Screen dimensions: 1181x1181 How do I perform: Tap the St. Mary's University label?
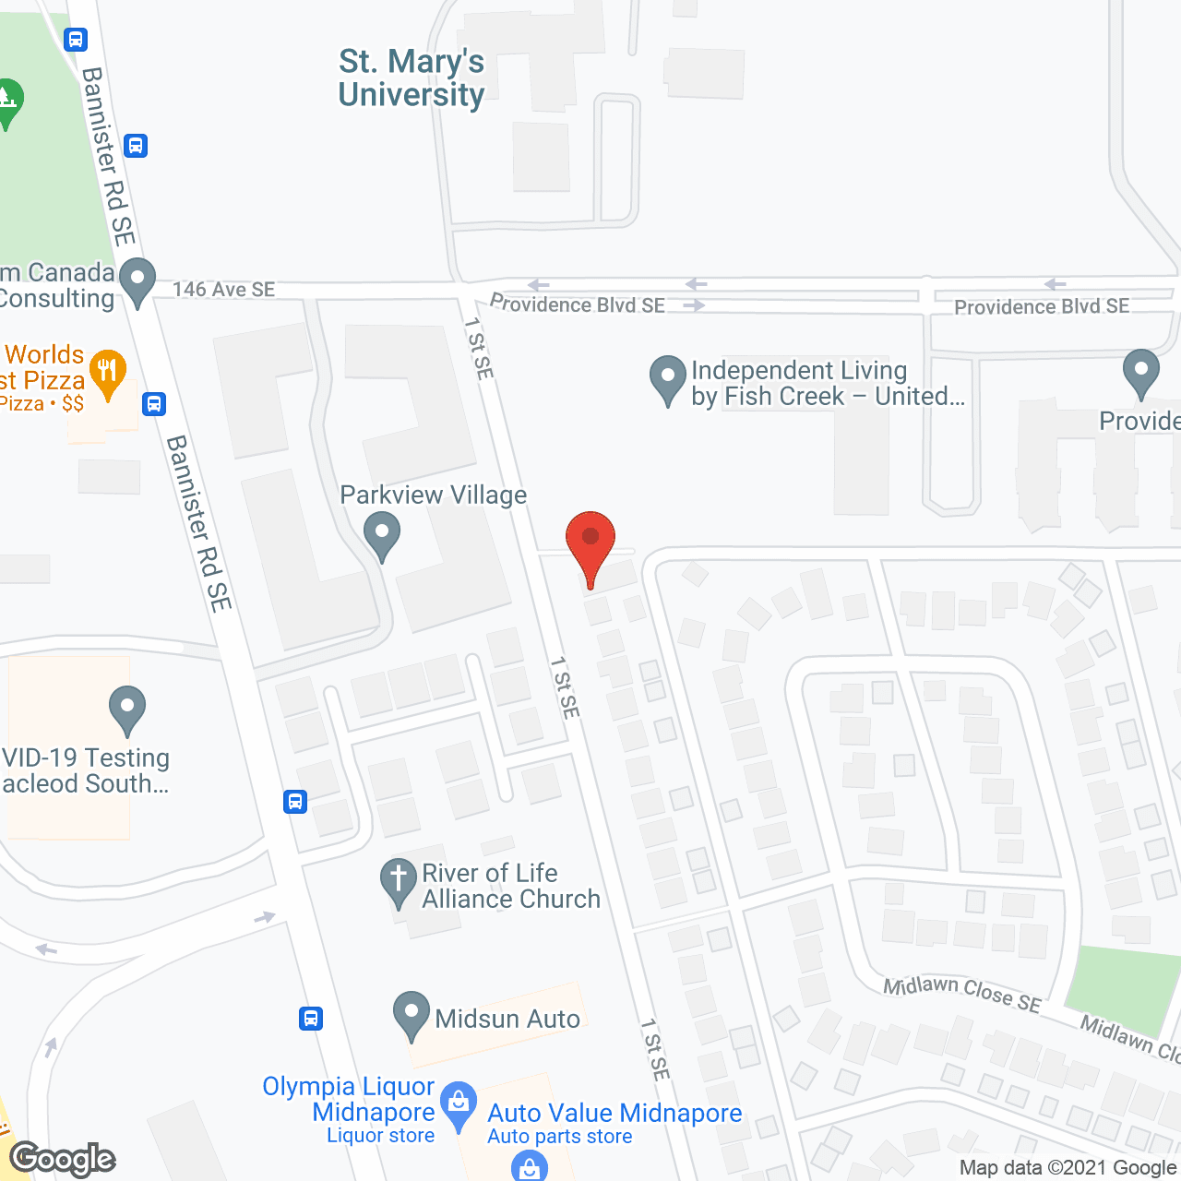[412, 78]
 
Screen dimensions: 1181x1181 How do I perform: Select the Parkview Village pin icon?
[381, 534]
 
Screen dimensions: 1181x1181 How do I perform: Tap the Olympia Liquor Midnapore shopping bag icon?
[459, 1102]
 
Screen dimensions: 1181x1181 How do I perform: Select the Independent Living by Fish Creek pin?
[667, 377]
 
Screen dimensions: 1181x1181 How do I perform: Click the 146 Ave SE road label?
[223, 290]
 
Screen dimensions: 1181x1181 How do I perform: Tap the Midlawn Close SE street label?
[962, 993]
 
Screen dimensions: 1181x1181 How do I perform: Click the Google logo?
[63, 1158]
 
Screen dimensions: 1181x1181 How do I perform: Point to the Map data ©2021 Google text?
[1068, 1167]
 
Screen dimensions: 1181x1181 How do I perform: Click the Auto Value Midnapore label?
[614, 1114]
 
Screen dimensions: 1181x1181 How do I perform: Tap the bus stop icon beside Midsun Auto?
[311, 1019]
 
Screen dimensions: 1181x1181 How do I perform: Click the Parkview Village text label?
[434, 495]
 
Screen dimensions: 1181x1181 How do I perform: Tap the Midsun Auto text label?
[507, 1019]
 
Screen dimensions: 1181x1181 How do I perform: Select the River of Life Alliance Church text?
[511, 886]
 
